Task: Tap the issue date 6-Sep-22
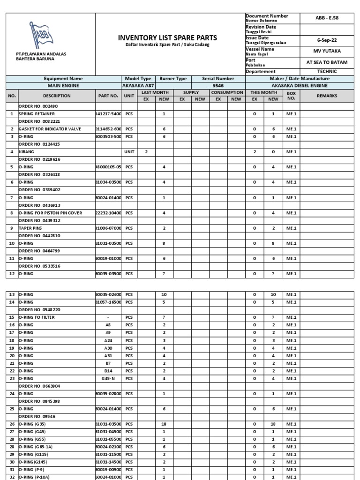click(x=327, y=40)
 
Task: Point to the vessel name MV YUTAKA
click(x=327, y=51)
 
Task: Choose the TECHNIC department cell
click(x=327, y=72)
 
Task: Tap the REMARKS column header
click(x=327, y=96)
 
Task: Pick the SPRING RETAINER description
click(x=37, y=114)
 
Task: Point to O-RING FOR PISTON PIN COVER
click(x=50, y=213)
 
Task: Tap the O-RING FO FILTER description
click(x=37, y=317)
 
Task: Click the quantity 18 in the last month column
click(x=164, y=424)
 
